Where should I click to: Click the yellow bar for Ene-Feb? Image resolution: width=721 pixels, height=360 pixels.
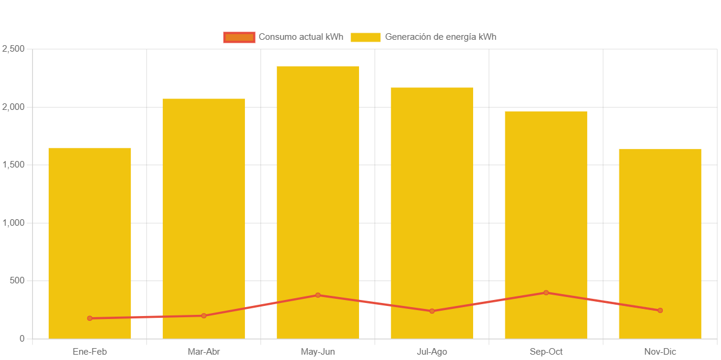click(90, 238)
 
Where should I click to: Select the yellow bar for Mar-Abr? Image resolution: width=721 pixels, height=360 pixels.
click(204, 214)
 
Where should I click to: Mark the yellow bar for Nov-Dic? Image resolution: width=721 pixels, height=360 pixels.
click(660, 238)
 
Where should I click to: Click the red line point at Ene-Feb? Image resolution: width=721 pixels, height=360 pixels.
click(90, 318)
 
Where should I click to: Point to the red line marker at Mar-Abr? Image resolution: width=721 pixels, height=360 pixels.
click(204, 315)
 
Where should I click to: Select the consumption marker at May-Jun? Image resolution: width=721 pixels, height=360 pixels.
click(318, 295)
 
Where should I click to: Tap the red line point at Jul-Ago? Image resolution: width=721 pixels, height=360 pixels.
click(432, 311)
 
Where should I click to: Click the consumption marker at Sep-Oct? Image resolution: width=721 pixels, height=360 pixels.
click(546, 293)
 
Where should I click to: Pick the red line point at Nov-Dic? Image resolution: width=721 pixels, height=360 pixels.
click(660, 311)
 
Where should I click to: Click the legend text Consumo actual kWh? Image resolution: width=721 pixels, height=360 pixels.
click(301, 37)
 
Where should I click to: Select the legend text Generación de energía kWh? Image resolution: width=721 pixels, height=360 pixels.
click(440, 37)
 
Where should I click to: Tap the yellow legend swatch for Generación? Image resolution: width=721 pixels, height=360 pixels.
click(366, 37)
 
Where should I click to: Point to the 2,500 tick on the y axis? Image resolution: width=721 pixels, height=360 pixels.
click(13, 49)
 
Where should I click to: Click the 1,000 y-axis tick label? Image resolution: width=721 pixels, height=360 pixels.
click(13, 223)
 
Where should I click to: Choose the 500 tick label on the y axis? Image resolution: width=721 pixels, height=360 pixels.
click(17, 280)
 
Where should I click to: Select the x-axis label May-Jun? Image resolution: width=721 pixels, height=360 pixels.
click(318, 352)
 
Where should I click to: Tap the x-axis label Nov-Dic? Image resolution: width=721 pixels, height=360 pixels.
click(660, 352)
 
